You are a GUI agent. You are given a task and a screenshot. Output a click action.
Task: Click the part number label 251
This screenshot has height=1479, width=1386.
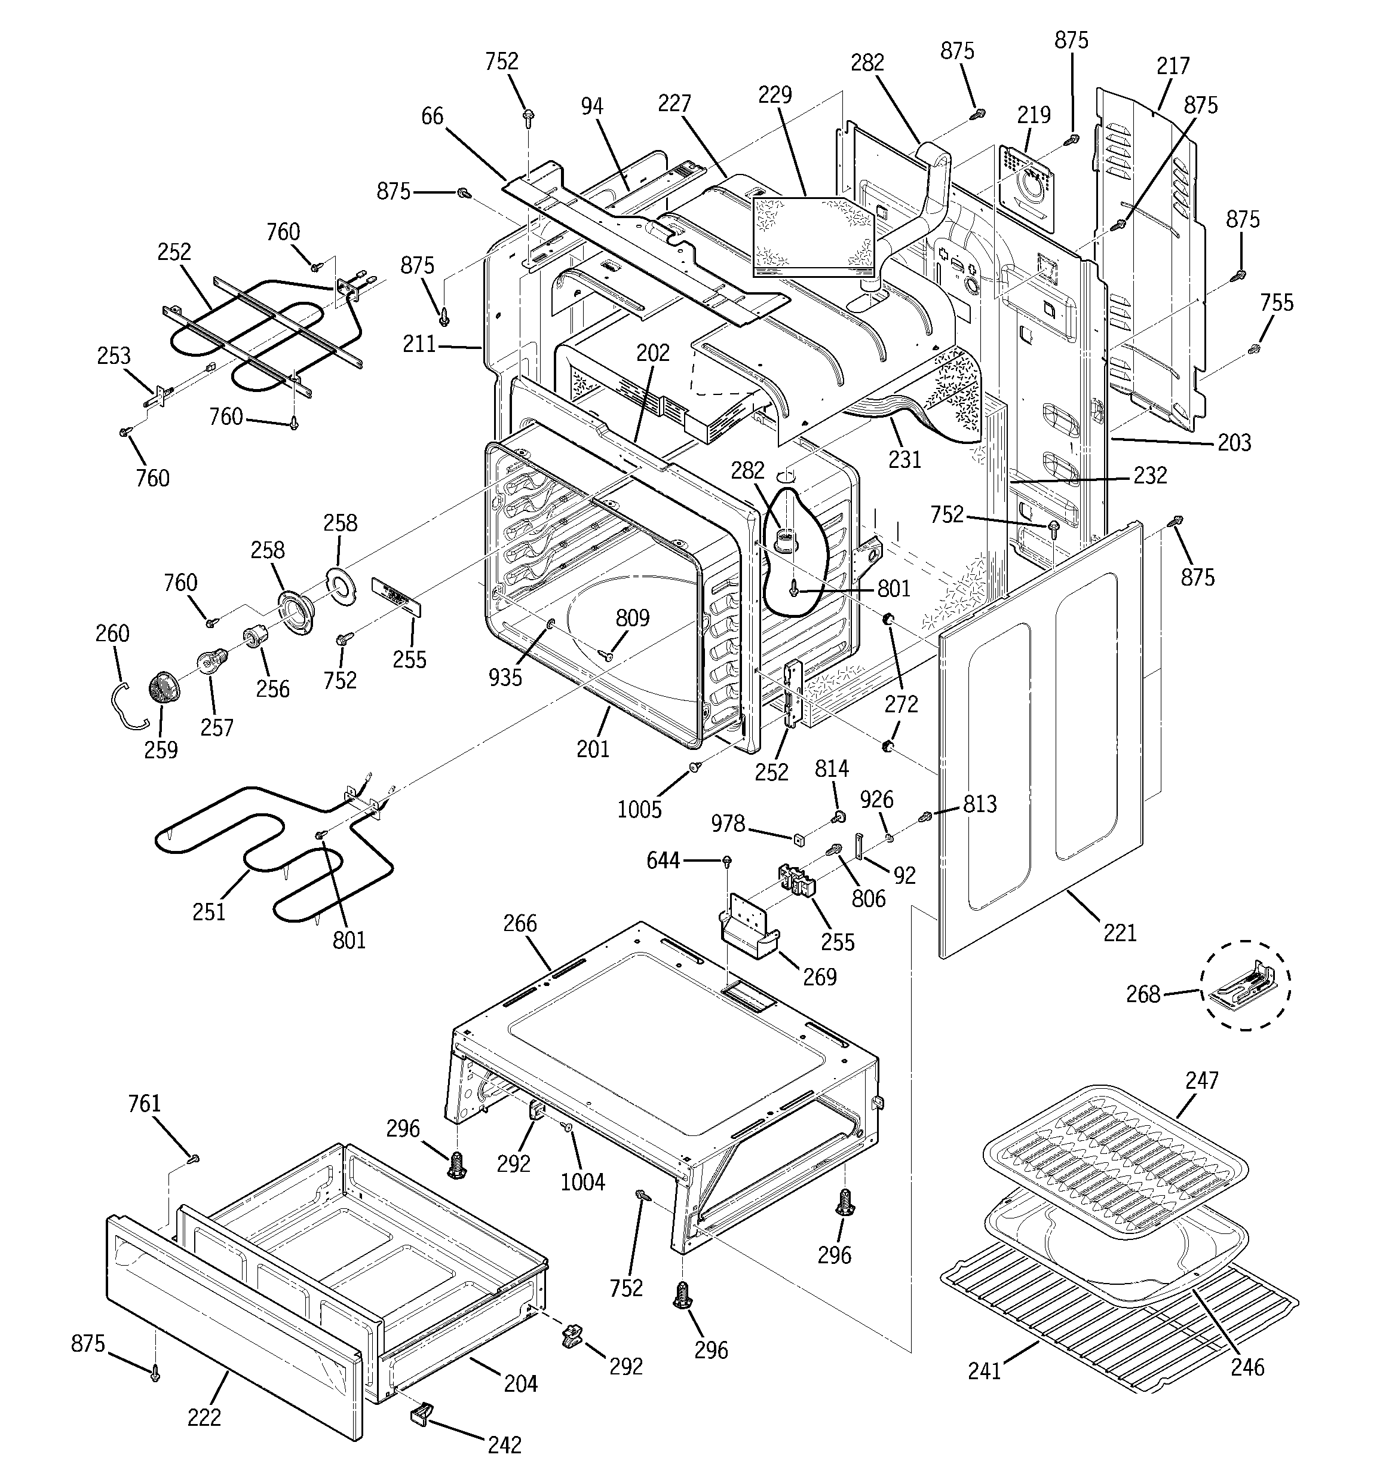point(208,911)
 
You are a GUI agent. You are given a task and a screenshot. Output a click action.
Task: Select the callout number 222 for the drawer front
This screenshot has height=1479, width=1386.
point(204,1417)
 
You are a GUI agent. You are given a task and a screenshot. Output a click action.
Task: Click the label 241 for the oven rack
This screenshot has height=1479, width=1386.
point(985,1370)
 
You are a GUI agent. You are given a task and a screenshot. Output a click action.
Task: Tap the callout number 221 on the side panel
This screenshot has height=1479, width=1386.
point(1120,932)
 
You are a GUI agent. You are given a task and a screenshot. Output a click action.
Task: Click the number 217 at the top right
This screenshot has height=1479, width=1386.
point(1173,66)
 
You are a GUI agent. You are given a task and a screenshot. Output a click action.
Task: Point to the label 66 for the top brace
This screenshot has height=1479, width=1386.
point(433,116)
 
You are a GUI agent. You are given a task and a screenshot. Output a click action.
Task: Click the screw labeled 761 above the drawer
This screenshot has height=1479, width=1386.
point(194,1158)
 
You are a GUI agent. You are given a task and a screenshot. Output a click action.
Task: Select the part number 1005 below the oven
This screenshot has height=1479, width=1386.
point(639,810)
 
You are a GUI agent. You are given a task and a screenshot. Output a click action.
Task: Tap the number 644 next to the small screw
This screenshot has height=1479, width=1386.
point(663,861)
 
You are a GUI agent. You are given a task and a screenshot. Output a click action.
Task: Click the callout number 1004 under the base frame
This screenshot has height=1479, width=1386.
point(582,1181)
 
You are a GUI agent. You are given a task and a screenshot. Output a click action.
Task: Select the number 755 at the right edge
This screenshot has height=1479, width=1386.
point(1277,303)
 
